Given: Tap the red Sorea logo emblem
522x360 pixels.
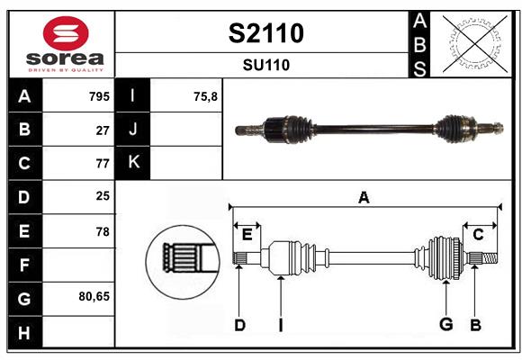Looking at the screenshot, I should click(x=66, y=35).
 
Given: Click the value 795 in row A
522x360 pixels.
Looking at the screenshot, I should click(x=99, y=96).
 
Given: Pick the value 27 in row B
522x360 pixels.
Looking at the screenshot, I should click(x=103, y=130).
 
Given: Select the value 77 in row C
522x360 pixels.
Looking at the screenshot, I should click(x=103, y=164).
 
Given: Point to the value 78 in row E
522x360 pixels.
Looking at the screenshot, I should click(x=103, y=231).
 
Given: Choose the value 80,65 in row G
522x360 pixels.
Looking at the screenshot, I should click(x=94, y=295).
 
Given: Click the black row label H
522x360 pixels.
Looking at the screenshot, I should click(x=24, y=333).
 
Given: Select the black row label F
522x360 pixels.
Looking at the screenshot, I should click(x=24, y=265).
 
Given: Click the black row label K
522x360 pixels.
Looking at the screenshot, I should click(x=133, y=163).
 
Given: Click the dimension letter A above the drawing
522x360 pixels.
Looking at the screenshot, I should click(x=364, y=197).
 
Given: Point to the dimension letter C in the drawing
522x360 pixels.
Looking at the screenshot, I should click(x=478, y=234).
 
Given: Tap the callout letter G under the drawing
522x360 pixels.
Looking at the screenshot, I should click(x=445, y=324).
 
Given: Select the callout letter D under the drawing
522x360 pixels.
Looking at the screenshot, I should click(x=239, y=324).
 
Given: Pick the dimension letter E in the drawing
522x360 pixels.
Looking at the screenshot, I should click(x=247, y=234).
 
